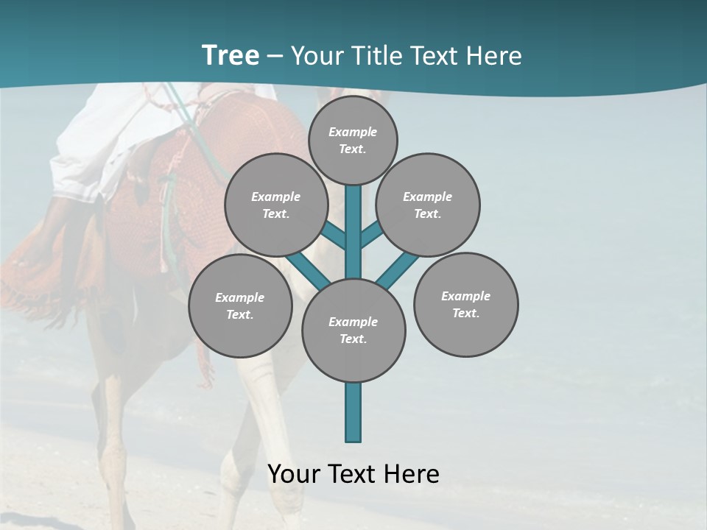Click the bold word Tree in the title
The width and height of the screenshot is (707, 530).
(x=231, y=55)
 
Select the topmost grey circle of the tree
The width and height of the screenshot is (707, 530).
(x=353, y=140)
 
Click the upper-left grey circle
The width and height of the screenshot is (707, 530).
(x=275, y=205)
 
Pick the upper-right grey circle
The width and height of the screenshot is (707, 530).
(x=428, y=205)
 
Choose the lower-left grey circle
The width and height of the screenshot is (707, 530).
(x=240, y=305)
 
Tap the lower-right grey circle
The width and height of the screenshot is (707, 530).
(x=466, y=305)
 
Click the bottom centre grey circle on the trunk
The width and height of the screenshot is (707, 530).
(x=353, y=331)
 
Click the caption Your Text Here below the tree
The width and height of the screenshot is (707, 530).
(x=353, y=474)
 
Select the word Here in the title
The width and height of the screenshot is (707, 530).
(x=496, y=55)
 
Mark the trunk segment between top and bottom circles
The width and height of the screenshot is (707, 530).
(x=353, y=232)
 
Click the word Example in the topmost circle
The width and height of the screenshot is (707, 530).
(x=353, y=132)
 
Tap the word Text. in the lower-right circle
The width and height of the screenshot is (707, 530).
(x=466, y=313)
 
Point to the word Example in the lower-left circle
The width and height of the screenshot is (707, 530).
(x=240, y=297)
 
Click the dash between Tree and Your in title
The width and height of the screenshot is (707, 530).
(x=275, y=56)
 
